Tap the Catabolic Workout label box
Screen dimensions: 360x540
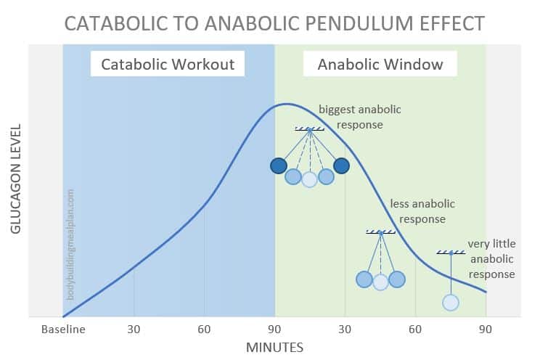(168, 64)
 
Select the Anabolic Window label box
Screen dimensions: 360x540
(380, 64)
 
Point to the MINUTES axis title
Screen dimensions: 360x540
(274, 347)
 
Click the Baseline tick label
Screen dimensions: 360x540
(63, 329)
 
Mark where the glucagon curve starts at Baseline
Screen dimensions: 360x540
(64, 316)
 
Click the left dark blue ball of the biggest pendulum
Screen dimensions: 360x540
(278, 166)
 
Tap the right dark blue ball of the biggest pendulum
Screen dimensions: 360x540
(342, 166)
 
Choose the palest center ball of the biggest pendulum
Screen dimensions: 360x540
(310, 179)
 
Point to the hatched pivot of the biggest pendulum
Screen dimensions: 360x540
(310, 129)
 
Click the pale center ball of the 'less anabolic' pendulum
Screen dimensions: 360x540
(380, 282)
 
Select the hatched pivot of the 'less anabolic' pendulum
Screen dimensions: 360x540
(380, 232)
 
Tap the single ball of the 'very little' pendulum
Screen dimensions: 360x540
(451, 302)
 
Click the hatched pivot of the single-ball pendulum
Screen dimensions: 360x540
(451, 253)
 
